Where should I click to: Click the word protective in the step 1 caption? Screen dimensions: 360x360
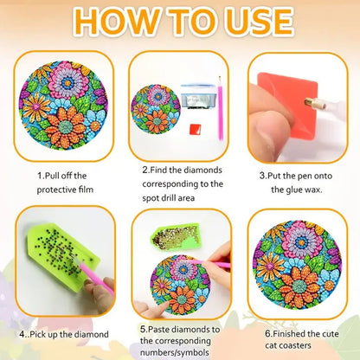(x=66, y=187)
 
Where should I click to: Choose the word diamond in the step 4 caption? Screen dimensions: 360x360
(x=89, y=334)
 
